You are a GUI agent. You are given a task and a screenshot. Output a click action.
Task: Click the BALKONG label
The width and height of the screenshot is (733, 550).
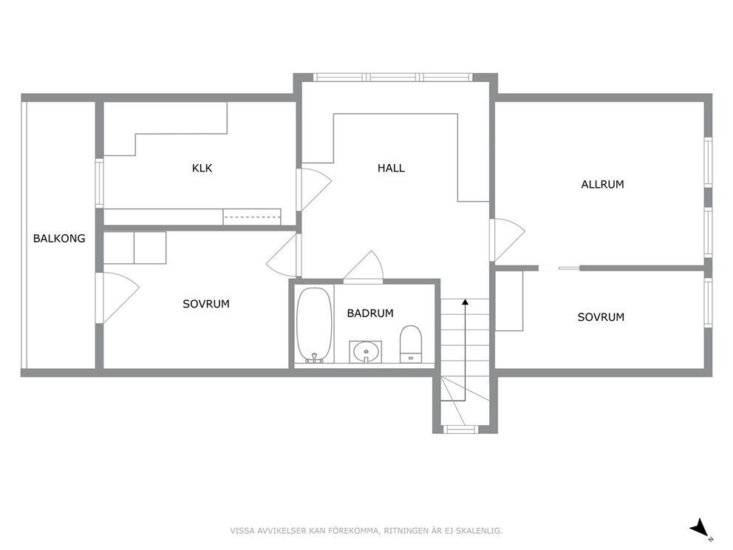pyautogui.click(x=59, y=239)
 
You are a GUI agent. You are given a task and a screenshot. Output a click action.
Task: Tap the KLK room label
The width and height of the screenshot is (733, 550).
pyautogui.click(x=202, y=168)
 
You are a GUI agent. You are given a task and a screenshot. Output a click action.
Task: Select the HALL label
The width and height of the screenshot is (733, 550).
pyautogui.click(x=391, y=168)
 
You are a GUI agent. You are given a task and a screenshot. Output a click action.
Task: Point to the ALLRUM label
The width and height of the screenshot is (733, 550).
pyautogui.click(x=602, y=184)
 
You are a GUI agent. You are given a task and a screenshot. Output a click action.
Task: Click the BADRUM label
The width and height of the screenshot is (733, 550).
pyautogui.click(x=369, y=313)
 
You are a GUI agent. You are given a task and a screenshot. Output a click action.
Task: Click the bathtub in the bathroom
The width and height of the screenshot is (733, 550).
pyautogui.click(x=314, y=325)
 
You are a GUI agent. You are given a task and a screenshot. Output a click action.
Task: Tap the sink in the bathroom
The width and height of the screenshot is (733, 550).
pyautogui.click(x=366, y=352)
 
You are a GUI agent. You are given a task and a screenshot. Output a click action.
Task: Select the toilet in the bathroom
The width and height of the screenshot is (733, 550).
pyautogui.click(x=411, y=344)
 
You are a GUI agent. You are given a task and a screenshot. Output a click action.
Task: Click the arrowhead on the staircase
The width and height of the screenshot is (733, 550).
pyautogui.click(x=465, y=302)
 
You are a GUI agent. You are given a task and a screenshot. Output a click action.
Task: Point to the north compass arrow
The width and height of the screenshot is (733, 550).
pyautogui.click(x=700, y=528)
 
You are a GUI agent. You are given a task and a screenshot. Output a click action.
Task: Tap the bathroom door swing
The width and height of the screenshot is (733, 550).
pyautogui.click(x=364, y=267)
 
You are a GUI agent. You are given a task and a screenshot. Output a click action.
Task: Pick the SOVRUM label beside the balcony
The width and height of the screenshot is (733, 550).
pyautogui.click(x=205, y=304)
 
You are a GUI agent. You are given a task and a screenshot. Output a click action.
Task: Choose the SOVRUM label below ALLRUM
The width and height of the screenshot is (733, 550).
pyautogui.click(x=601, y=317)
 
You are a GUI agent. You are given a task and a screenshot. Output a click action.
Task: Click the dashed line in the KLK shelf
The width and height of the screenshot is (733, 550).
pyautogui.click(x=251, y=217)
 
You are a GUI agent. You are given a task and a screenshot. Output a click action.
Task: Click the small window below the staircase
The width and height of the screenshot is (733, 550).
pyautogui.click(x=460, y=429)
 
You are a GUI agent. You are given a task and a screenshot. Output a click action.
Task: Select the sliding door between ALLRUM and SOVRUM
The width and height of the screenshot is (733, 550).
pyautogui.click(x=559, y=268)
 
